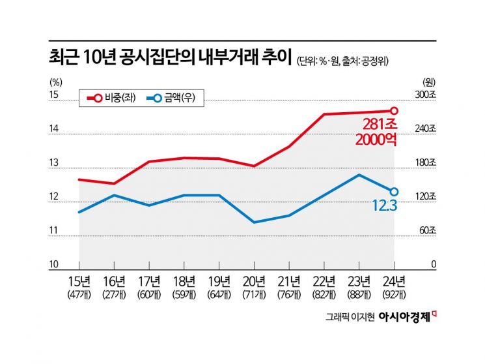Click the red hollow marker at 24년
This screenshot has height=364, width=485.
[x=394, y=111]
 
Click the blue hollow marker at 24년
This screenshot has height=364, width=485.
[x=394, y=192]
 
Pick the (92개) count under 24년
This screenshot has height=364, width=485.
[x=394, y=294]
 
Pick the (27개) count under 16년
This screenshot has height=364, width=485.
[x=114, y=294]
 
